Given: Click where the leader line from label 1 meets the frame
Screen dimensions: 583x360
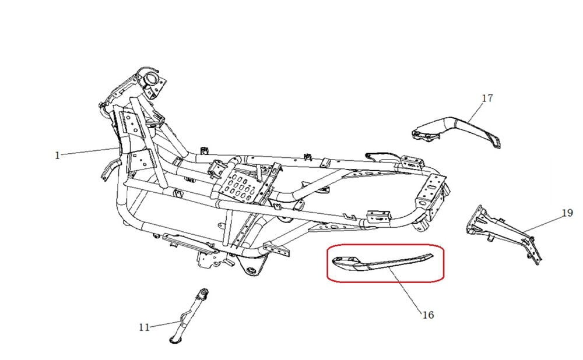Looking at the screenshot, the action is pyautogui.click(x=118, y=148).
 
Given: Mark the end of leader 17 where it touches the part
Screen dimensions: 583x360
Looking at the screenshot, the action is pyautogui.click(x=468, y=122).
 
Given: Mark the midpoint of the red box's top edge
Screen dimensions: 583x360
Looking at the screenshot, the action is pyautogui.click(x=385, y=245).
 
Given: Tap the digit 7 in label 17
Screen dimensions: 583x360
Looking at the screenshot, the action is pyautogui.click(x=490, y=98).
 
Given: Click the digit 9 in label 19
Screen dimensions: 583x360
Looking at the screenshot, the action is pyautogui.click(x=570, y=213).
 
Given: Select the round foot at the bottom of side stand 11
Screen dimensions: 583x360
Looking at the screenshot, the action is pyautogui.click(x=174, y=339).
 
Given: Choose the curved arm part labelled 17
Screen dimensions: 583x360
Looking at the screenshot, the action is pyautogui.click(x=456, y=132).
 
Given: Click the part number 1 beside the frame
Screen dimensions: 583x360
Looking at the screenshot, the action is pyautogui.click(x=57, y=156).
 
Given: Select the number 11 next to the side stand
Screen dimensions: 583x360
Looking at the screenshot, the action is pyautogui.click(x=144, y=327).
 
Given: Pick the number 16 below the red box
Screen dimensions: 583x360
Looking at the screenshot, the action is pyautogui.click(x=429, y=315).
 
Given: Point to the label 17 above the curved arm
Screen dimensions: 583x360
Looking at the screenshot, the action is pyautogui.click(x=487, y=98).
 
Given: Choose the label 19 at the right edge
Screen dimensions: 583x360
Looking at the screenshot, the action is pyautogui.click(x=567, y=213).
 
